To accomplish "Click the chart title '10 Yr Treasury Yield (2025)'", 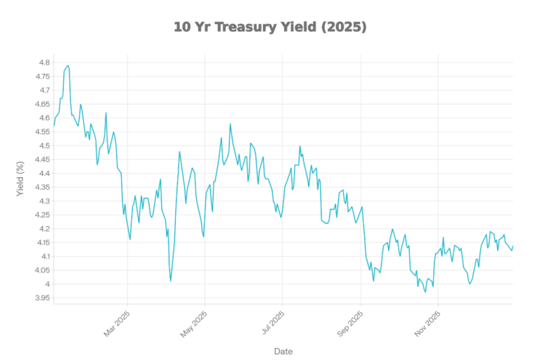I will tap(270, 27).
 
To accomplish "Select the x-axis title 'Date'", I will tap(283, 351).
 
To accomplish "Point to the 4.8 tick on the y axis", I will tap(42, 63).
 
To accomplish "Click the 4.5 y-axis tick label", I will tap(42, 146).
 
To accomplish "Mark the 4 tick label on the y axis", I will tap(46, 284).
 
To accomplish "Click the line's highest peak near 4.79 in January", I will tap(67, 65).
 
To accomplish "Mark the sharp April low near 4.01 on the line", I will tap(170, 281).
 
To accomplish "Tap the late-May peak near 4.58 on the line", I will tap(230, 124).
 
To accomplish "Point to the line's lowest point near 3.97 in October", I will tap(425, 292).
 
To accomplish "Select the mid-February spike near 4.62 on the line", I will tap(106, 112).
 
